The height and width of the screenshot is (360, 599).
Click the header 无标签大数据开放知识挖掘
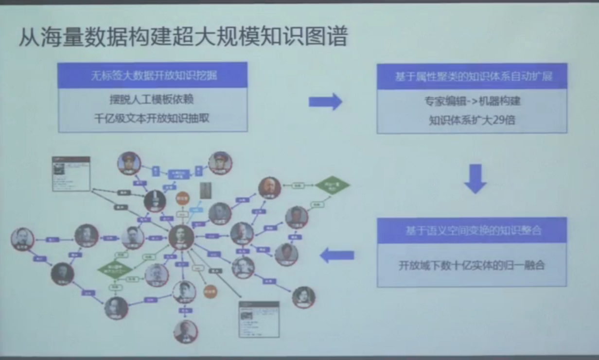tap(153, 76)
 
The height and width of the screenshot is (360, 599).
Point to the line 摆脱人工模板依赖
tap(152, 100)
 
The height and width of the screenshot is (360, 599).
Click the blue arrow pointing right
tap(325, 102)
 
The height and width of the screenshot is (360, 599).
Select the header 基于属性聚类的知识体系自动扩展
tap(472, 77)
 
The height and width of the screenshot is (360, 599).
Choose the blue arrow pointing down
tap(475, 178)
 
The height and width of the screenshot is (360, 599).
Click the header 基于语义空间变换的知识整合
tap(472, 230)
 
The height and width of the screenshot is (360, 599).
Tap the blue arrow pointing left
tap(337, 255)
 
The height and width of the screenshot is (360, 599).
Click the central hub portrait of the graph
tap(181, 237)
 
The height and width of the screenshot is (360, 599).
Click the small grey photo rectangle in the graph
tap(206, 190)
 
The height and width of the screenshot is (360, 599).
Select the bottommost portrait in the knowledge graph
tap(186, 332)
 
